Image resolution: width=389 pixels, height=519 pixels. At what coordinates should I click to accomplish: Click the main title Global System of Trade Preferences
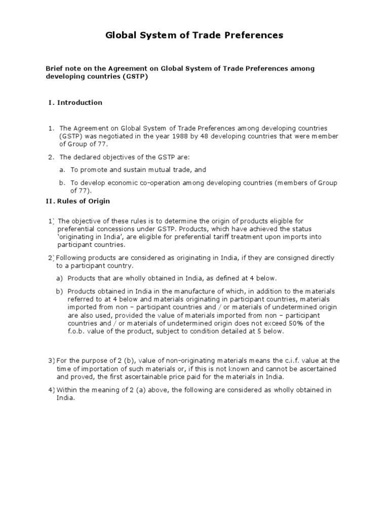pos(194,35)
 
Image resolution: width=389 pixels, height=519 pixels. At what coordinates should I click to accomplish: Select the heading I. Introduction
pos(75,102)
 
